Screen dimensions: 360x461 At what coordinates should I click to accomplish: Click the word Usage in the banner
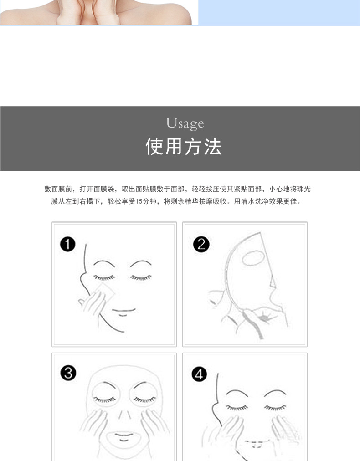185,123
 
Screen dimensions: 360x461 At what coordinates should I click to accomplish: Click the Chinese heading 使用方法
184,146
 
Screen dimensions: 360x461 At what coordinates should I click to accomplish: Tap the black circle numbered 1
67,244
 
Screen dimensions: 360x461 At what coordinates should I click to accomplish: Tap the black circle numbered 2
201,244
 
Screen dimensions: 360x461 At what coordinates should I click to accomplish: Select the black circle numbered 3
68,373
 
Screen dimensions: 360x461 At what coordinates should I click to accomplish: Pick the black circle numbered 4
199,374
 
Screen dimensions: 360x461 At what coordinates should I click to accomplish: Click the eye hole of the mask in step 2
253,258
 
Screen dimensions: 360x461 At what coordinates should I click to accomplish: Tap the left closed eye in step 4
237,408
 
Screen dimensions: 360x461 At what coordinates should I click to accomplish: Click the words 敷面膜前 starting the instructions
58,189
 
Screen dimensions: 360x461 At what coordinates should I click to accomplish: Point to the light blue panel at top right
279,12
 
